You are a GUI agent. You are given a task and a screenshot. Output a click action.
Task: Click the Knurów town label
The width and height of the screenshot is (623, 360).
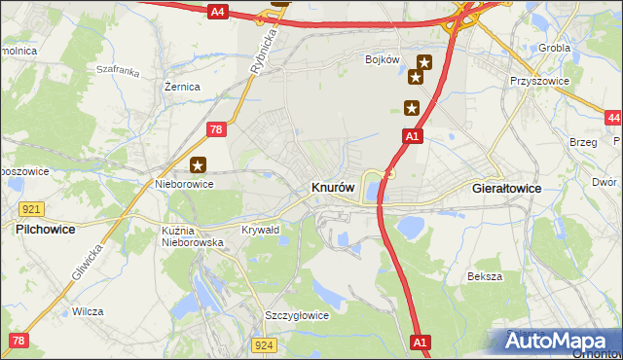[x=339, y=187]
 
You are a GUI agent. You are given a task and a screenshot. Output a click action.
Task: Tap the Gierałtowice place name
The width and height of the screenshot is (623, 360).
[x=506, y=188]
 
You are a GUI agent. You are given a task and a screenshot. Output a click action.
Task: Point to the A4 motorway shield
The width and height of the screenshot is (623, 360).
[x=217, y=12]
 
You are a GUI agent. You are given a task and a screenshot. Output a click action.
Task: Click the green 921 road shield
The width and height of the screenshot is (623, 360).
[x=30, y=209]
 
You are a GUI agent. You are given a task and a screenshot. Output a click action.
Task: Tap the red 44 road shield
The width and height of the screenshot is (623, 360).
[x=612, y=118]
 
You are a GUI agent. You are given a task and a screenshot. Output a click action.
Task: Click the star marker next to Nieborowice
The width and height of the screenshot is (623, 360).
[x=199, y=165]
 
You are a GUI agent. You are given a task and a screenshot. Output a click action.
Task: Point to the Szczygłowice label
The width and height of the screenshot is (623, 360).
[x=297, y=316]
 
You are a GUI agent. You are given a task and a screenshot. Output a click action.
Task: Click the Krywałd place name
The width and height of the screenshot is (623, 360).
[x=260, y=230]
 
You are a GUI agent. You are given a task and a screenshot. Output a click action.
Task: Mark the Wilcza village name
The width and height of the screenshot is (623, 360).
[x=88, y=312]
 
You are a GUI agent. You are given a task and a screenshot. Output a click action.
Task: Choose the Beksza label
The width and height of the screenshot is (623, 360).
[x=484, y=276]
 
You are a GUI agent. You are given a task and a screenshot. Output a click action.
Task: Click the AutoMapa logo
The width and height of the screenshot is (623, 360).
[x=562, y=342]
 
